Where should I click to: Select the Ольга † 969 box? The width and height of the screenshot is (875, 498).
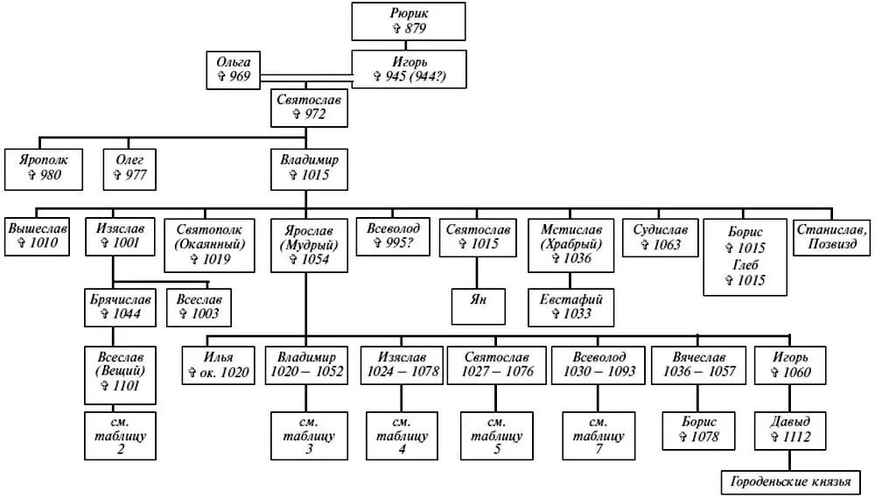tap(233, 70)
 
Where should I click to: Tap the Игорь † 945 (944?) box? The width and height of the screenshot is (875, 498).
tap(409, 69)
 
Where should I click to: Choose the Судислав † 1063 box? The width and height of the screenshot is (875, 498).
tap(661, 236)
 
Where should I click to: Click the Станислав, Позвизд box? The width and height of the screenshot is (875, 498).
tap(831, 236)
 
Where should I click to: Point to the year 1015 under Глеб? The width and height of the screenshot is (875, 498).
tap(745, 280)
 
